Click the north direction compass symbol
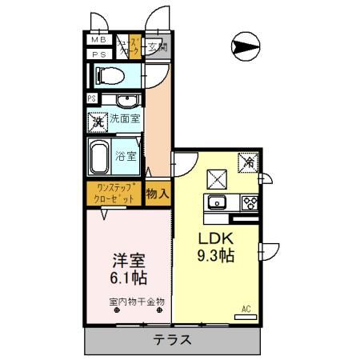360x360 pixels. pyautogui.click(x=246, y=46)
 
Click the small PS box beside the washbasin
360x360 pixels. pyautogui.click(x=93, y=99)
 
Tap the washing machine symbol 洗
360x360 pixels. pyautogui.click(x=97, y=122)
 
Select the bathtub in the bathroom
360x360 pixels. pyautogui.click(x=101, y=157)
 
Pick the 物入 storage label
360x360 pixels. pyautogui.click(x=157, y=194)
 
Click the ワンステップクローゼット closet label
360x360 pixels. pyautogui.click(x=114, y=194)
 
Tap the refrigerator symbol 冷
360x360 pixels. pyautogui.click(x=249, y=162)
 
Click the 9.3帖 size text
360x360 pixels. pyautogui.click(x=216, y=257)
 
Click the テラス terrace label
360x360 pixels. pyautogui.click(x=174, y=340)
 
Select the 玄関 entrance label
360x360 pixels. pyautogui.click(x=157, y=47)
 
